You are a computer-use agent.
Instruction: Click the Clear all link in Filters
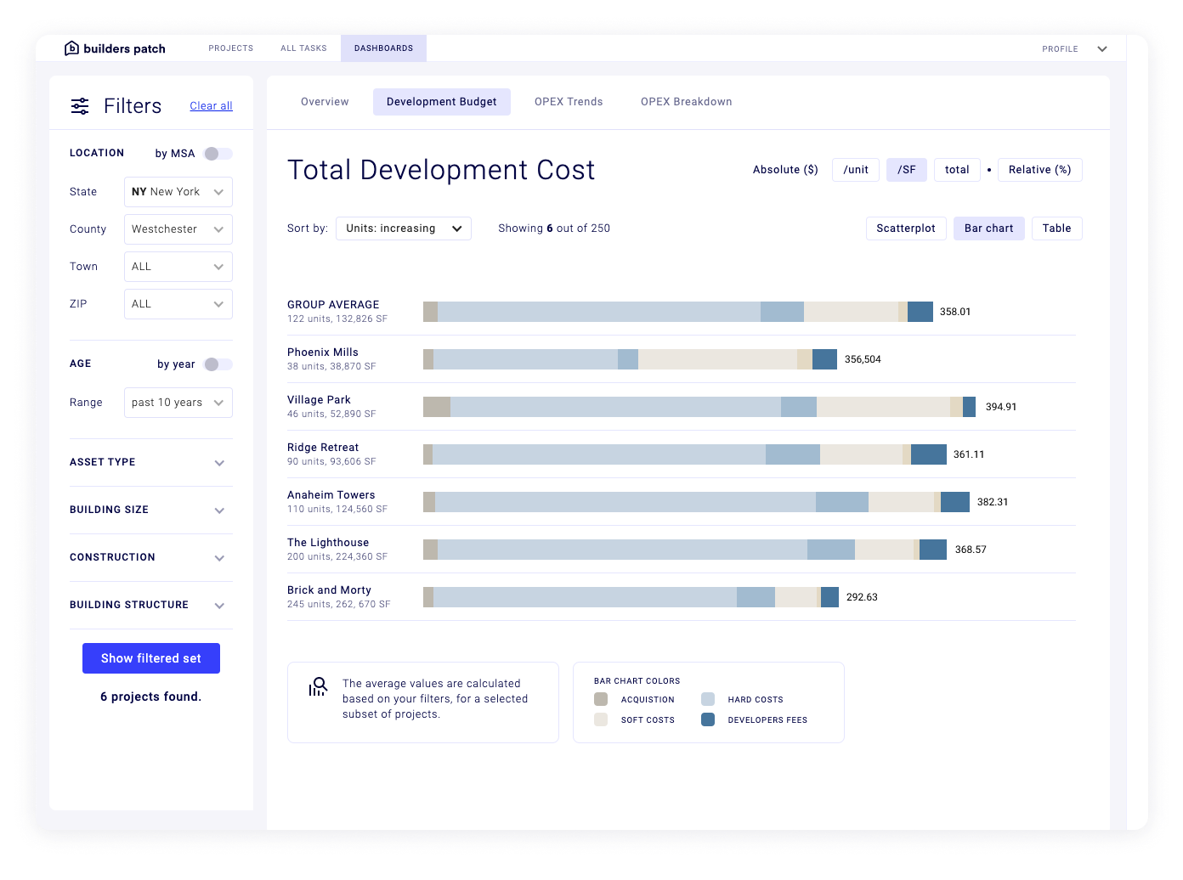(x=211, y=106)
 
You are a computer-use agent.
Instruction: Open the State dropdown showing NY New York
(x=178, y=192)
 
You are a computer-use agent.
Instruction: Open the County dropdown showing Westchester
(x=178, y=229)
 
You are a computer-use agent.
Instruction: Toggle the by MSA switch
(x=218, y=154)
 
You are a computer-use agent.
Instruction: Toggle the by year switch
(x=218, y=364)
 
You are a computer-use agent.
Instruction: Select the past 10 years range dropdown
(x=178, y=403)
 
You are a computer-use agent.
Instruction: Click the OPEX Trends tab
(x=569, y=102)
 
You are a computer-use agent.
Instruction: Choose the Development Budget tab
(x=441, y=102)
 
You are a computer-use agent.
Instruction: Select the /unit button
(x=855, y=170)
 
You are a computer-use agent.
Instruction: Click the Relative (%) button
(x=1039, y=170)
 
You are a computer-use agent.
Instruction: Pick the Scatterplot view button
(x=905, y=228)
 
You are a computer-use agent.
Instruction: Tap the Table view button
(x=1056, y=228)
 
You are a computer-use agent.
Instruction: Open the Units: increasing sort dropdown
(x=404, y=228)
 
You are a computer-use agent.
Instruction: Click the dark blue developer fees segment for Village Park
(x=969, y=407)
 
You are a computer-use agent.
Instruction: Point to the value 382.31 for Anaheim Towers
(x=993, y=502)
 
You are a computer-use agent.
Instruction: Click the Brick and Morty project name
(x=329, y=590)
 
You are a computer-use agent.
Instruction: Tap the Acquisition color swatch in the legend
(x=601, y=700)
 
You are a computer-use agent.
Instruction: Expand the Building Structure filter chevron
(x=219, y=606)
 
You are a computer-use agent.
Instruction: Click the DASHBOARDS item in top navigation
(x=383, y=48)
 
